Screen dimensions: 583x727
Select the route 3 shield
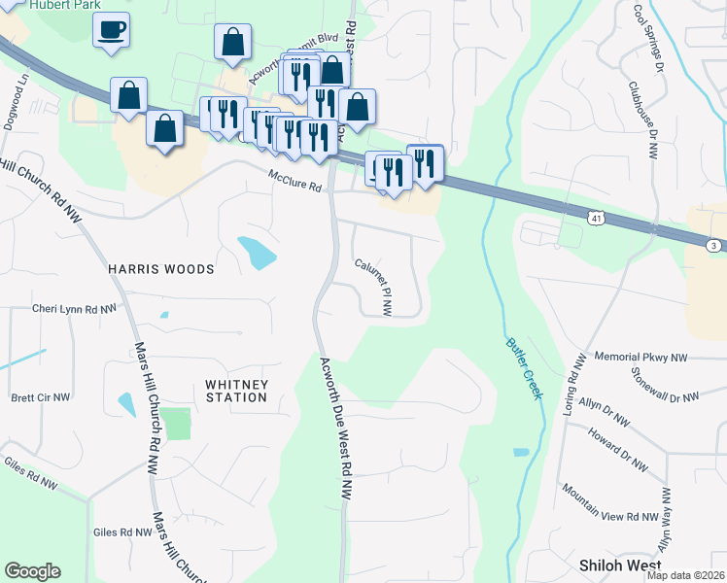(x=714, y=247)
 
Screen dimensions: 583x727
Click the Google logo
(x=32, y=571)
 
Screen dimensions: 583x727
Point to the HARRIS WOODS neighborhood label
(x=160, y=268)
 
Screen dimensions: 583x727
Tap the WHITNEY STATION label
(x=236, y=391)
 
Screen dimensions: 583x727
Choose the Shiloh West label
(x=620, y=565)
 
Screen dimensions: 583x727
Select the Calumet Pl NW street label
(x=373, y=288)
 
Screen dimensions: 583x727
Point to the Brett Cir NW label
(x=41, y=397)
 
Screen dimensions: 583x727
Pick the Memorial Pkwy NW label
(x=640, y=358)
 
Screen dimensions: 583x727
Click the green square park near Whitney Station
(x=175, y=424)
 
